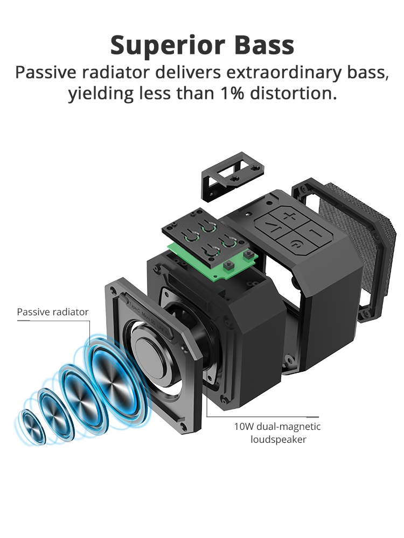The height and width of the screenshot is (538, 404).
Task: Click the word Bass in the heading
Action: [x=264, y=45]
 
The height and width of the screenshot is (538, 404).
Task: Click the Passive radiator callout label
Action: [x=53, y=312]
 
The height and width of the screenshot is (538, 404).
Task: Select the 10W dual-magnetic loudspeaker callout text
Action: [x=277, y=433]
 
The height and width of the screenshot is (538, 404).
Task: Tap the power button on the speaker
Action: [x=295, y=245]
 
